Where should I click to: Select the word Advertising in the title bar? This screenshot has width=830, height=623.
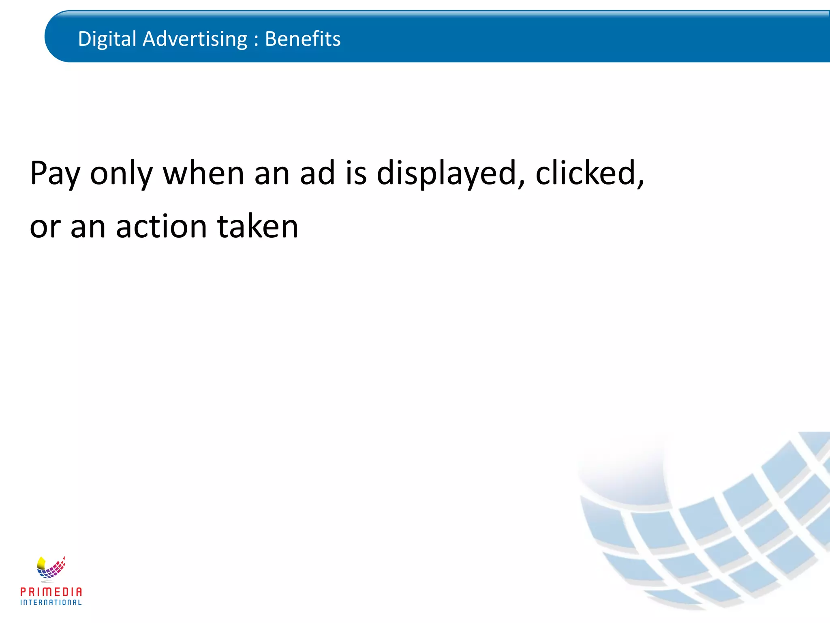(195, 39)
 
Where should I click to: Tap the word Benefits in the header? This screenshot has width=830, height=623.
(302, 39)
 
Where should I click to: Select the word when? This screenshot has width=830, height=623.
(203, 174)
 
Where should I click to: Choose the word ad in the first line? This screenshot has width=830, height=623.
(317, 174)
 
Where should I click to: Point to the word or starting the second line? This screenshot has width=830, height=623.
(45, 228)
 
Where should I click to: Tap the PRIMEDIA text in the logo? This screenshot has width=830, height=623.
(51, 592)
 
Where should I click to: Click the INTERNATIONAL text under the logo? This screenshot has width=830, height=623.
(51, 602)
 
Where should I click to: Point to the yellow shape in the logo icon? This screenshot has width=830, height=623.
(41, 563)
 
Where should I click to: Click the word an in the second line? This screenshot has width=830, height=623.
(88, 228)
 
